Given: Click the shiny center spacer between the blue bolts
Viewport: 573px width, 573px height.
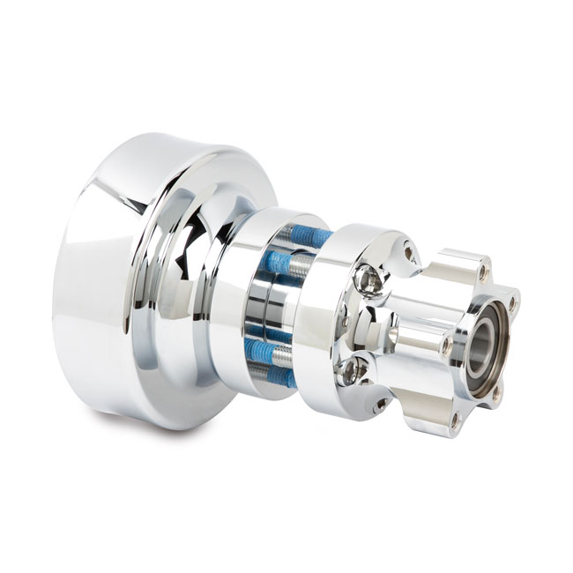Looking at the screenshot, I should point(264,309).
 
